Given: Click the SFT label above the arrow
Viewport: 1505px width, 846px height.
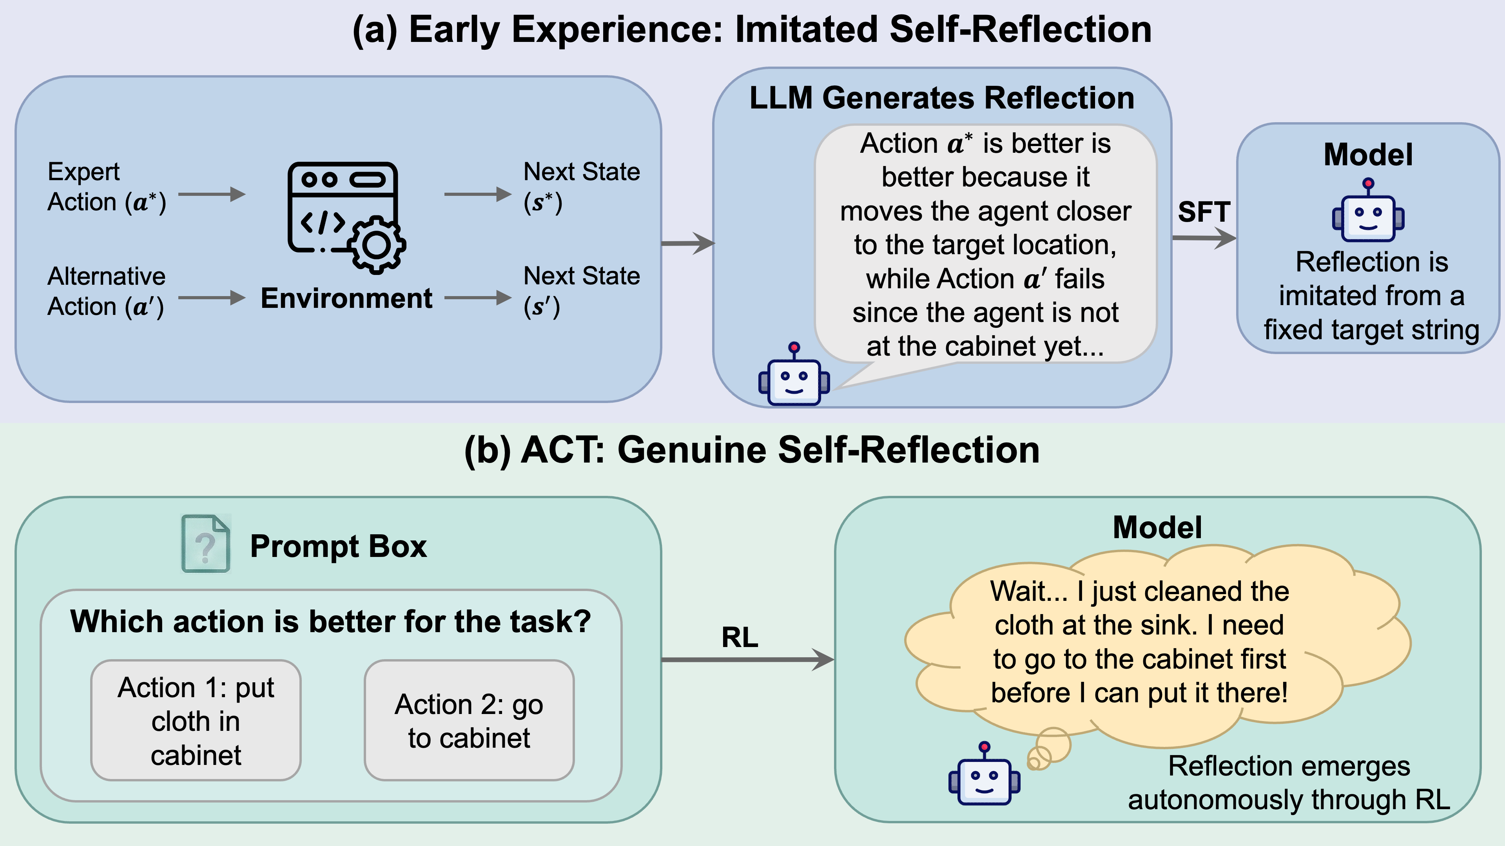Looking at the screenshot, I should coord(1204,212).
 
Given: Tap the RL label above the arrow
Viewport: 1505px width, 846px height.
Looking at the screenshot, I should coord(740,637).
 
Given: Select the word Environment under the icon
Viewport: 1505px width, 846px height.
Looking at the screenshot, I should coord(346,298).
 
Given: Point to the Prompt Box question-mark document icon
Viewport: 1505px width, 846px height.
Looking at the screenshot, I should coord(206,544).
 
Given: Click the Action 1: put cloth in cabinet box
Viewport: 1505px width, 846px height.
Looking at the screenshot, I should coord(196,721).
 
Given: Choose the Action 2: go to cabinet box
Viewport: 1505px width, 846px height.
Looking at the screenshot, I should coord(469,721).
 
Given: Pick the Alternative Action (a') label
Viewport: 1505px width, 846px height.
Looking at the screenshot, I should coord(106,291).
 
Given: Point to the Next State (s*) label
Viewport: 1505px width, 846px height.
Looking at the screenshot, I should coord(581,187).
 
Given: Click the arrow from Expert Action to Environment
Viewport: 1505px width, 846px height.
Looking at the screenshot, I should coord(212,194).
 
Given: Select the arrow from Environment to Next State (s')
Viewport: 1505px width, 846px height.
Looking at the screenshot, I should coord(477,298).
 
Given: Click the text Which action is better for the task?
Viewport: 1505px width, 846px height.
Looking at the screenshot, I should coord(331,621).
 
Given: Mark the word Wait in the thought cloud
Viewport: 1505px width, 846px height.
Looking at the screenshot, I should coord(1018,591).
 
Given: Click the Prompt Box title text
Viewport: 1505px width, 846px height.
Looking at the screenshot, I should coord(338,546).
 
